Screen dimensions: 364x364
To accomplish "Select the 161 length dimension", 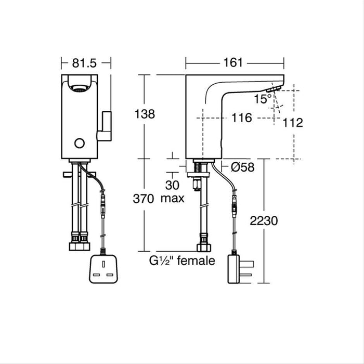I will pos(234,63).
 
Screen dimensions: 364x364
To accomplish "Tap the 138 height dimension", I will pos(145,114).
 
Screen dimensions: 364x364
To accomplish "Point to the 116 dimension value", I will pos(241,119).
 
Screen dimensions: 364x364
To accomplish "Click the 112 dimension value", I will pos(293,123).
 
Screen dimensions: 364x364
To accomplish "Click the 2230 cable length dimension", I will pos(278,220).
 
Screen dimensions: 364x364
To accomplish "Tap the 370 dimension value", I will pos(144,198).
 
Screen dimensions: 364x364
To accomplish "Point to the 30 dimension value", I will pos(172,185).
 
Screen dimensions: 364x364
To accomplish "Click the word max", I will pos(172,198).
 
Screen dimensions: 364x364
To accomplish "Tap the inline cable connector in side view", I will pos(235,207).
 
